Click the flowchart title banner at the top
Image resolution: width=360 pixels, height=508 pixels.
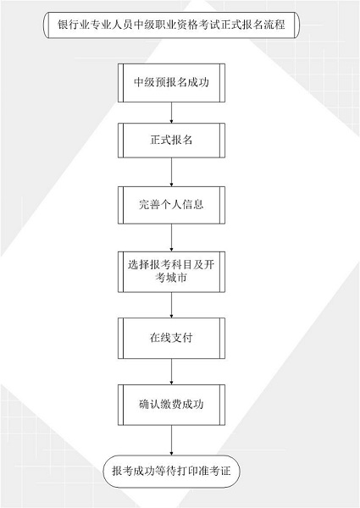tap(171, 25)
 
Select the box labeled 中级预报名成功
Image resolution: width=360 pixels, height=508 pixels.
tap(171, 83)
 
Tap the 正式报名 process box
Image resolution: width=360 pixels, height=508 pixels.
tap(171, 141)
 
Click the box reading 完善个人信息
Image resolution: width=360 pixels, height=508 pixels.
tap(171, 205)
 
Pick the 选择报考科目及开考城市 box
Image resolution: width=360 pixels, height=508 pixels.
tap(171, 272)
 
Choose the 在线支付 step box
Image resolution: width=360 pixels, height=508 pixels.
tap(171, 338)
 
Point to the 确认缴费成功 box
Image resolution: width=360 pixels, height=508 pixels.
tap(171, 405)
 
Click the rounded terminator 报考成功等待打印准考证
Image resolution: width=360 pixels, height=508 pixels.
tap(171, 471)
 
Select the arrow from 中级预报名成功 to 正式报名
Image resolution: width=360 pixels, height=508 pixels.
tap(171, 113)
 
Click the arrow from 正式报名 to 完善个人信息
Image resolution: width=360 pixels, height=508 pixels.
tap(171, 173)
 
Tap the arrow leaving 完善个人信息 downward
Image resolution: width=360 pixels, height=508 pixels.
tap(171, 238)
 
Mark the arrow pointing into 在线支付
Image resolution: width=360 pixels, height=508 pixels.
tap(171, 305)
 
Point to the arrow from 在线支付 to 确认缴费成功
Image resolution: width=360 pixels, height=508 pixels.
tap(171, 372)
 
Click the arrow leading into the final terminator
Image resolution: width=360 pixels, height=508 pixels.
tap(171, 440)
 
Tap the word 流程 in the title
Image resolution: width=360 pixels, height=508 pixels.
tap(274, 25)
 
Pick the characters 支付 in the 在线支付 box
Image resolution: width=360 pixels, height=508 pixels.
tap(182, 338)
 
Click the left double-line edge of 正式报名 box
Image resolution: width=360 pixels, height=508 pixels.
tap(120, 141)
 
